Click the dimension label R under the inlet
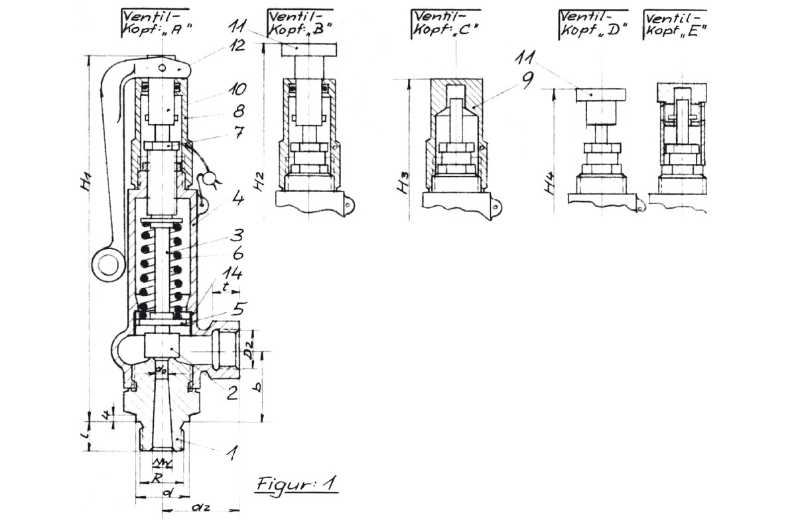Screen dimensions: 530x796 [x=157, y=476]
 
